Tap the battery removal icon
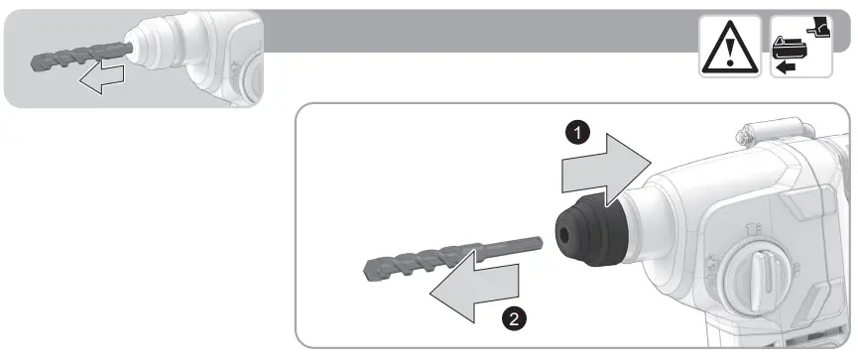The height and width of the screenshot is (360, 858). (x=799, y=47)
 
